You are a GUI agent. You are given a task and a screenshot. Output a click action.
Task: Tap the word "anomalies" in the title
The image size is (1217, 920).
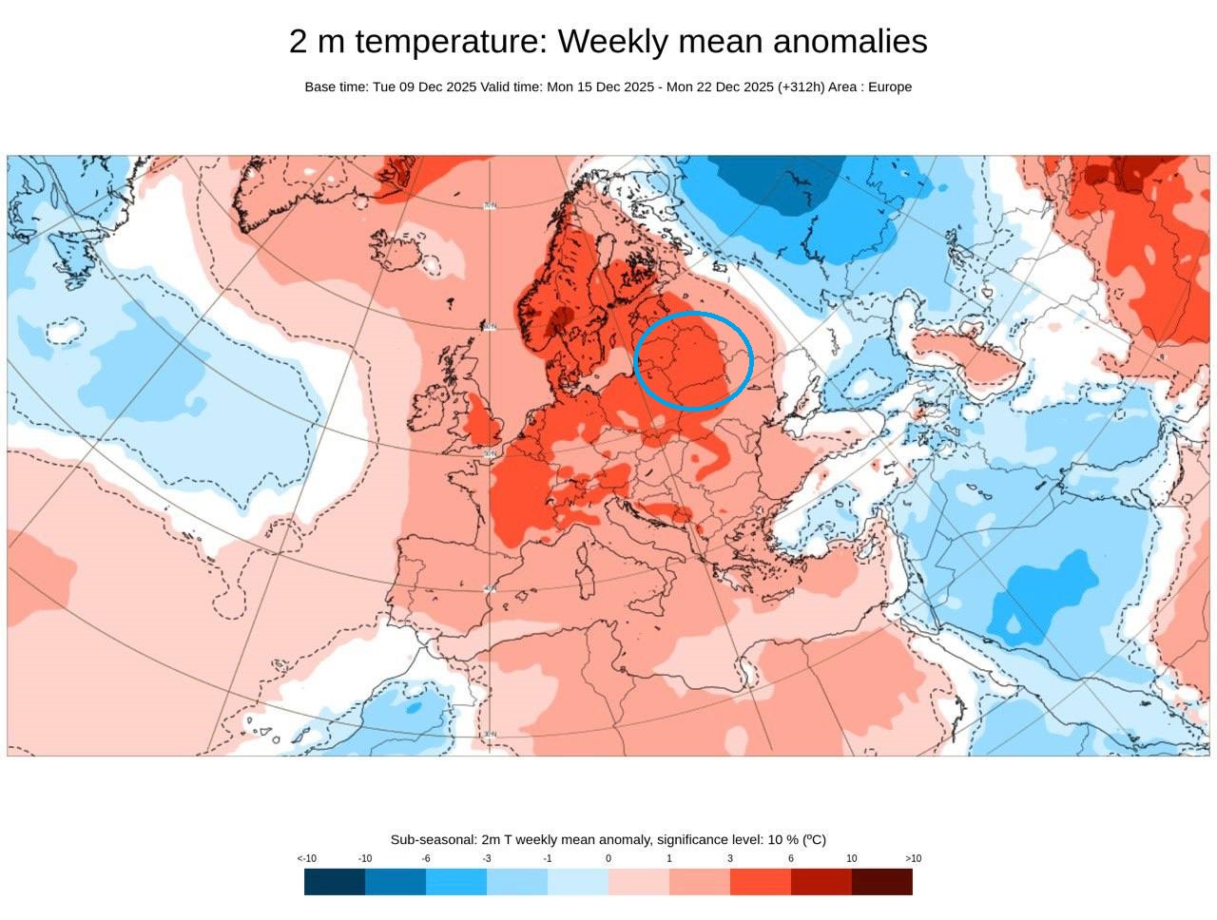[850, 43]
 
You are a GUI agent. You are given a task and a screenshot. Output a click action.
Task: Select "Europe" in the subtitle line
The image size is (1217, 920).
[890, 87]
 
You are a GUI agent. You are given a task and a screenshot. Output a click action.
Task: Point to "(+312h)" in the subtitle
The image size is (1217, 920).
[801, 87]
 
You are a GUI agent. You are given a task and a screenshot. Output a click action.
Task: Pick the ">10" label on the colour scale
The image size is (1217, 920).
[913, 859]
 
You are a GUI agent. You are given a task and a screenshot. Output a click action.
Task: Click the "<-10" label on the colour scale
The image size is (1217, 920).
[306, 859]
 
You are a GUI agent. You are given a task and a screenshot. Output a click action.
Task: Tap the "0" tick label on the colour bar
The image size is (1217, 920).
[608, 859]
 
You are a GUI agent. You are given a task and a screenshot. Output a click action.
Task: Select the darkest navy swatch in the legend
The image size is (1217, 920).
[335, 882]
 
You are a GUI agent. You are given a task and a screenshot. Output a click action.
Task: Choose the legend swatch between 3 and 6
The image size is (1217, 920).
[761, 882]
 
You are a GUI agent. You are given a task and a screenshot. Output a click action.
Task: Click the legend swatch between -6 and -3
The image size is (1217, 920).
[456, 882]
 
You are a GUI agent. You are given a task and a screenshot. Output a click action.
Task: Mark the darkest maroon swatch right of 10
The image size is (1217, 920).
[882, 882]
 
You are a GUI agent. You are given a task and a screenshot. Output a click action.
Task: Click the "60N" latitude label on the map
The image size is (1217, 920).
[490, 327]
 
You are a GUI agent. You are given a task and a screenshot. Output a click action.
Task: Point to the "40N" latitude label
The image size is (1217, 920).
[490, 590]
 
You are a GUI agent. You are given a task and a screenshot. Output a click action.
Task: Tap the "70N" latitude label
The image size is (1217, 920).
[490, 205]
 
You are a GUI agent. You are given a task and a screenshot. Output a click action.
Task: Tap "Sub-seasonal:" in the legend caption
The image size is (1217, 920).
[434, 840]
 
